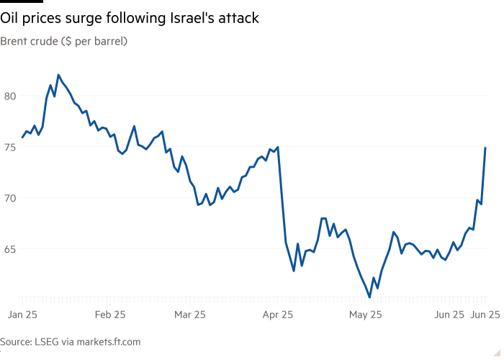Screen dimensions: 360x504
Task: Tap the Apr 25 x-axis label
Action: click(x=277, y=315)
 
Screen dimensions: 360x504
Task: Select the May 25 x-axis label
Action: click(x=366, y=315)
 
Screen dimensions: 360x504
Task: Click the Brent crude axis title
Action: click(x=63, y=42)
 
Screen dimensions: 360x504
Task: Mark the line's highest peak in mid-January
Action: click(x=58, y=75)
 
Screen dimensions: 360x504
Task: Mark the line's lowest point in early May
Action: click(x=369, y=297)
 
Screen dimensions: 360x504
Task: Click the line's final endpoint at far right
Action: click(x=486, y=148)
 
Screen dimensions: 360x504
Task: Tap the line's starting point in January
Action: click(x=22, y=137)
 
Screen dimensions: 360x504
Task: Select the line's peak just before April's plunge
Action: click(x=277, y=148)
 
